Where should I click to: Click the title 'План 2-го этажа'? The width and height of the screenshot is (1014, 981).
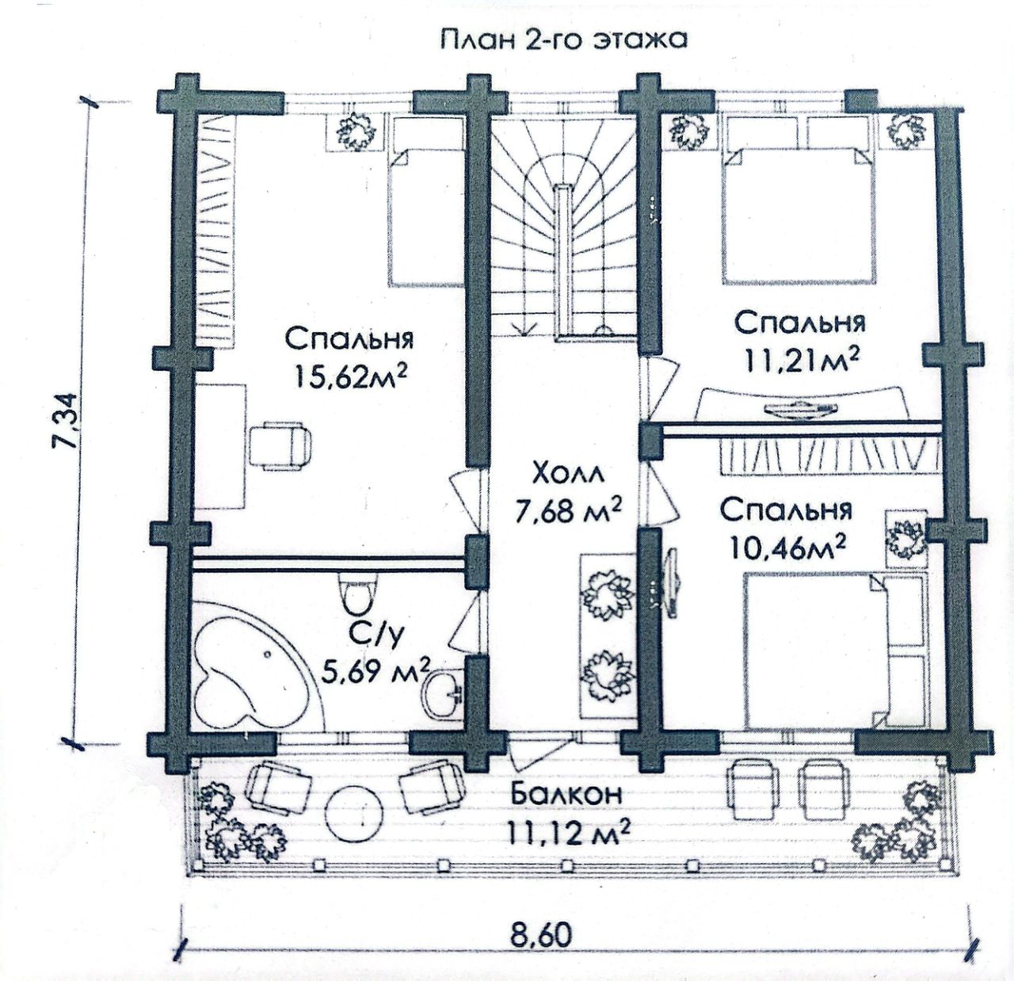pyautogui.click(x=563, y=40)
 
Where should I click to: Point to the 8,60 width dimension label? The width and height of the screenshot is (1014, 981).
pyautogui.click(x=540, y=934)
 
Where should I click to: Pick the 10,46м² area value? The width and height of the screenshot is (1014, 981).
pyautogui.click(x=787, y=546)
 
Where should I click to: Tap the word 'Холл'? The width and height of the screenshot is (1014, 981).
pyautogui.click(x=567, y=474)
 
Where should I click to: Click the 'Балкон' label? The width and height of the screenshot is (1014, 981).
pyautogui.click(x=566, y=793)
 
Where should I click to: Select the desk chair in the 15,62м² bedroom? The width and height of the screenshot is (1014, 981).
pyautogui.click(x=281, y=445)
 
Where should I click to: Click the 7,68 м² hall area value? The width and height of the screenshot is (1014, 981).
pyautogui.click(x=567, y=511)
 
